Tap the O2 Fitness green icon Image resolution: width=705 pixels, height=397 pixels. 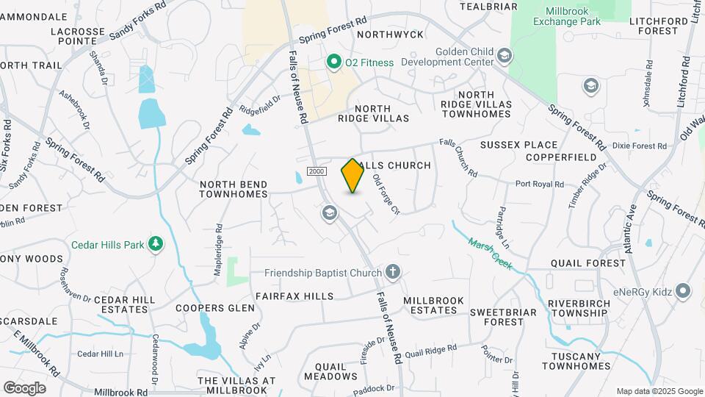335,62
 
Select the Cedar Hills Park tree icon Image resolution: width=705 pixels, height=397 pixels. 155,244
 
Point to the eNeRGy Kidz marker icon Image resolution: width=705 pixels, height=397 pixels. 684,292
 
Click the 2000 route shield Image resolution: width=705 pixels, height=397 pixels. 316,171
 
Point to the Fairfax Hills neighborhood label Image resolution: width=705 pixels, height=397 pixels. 294,296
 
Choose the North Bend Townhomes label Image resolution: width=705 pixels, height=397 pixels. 233,189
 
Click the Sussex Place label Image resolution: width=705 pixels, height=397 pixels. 519,145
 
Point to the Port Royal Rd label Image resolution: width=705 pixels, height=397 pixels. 539,185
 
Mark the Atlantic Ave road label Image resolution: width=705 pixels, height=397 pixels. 629,229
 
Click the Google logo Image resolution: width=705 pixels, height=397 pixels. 24,387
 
